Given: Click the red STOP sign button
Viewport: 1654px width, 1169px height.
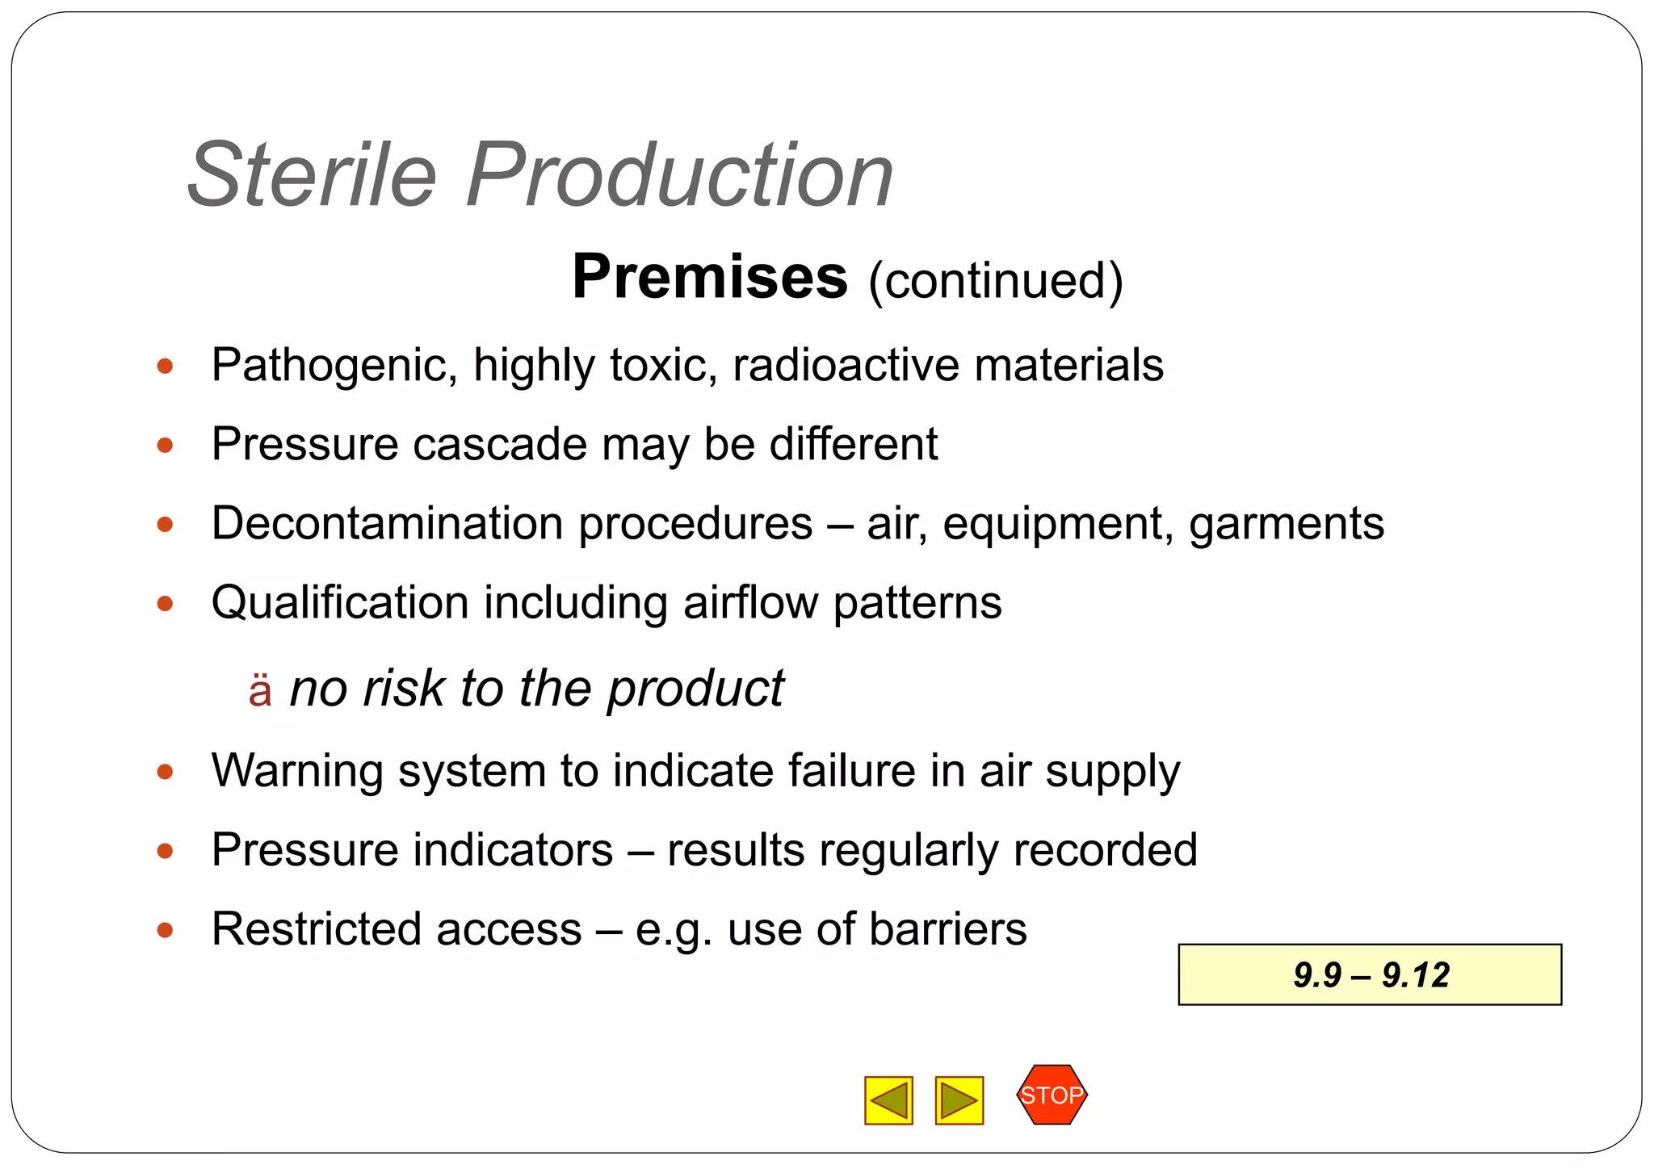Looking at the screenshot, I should (1052, 1095).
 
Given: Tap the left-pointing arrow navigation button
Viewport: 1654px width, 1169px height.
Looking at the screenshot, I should (888, 1100).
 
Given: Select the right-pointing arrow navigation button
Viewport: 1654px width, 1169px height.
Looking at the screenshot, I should (959, 1100).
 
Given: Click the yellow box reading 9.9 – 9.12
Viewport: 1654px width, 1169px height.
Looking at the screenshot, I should (1370, 974).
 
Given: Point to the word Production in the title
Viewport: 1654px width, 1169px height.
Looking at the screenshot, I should (679, 174).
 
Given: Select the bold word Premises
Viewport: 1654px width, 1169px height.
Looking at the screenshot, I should (710, 277).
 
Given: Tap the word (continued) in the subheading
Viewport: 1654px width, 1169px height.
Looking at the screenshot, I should (996, 280).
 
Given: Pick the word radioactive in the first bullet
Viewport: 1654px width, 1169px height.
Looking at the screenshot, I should (845, 365).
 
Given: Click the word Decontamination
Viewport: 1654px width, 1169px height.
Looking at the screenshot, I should (391, 523).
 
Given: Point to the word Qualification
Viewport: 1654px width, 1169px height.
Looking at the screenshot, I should (340, 602).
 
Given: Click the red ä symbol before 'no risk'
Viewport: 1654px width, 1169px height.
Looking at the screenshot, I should (260, 690).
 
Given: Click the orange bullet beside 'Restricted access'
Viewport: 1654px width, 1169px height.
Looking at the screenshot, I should (166, 930).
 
